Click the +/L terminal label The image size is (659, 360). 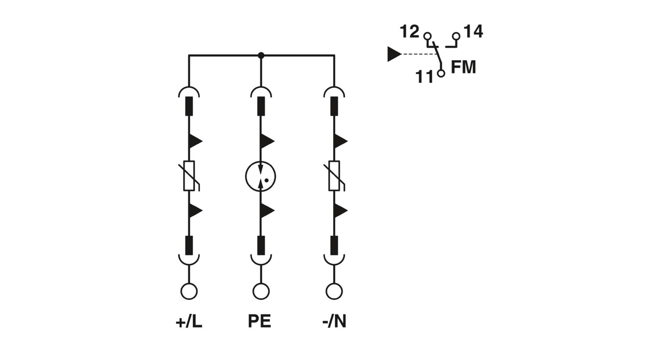pos(189,322)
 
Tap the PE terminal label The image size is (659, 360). pos(260,321)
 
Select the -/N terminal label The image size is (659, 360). pos(334,322)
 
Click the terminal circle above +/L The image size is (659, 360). pos(189,291)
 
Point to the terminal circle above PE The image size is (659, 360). pos(261,291)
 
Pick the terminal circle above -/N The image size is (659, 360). pos(334,291)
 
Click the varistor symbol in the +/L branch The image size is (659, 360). pos(189,176)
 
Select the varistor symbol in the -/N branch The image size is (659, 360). pos(334,176)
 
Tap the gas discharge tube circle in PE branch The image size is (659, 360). pos(261,176)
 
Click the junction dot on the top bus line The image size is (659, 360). pos(261,55)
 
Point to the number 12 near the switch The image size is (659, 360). pos(409,32)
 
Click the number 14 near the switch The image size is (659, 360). pos(473,32)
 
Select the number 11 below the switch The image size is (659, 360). pos(424,77)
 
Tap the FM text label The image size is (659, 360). pos(463,67)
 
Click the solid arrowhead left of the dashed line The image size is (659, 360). pos(394,54)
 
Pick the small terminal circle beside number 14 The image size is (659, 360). pos(456,36)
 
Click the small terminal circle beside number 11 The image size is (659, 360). pos(441,73)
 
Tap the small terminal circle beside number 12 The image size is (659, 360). pos(427,36)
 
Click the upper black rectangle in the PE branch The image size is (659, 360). pos(261,106)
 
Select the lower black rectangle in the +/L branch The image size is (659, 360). pos(189,245)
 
